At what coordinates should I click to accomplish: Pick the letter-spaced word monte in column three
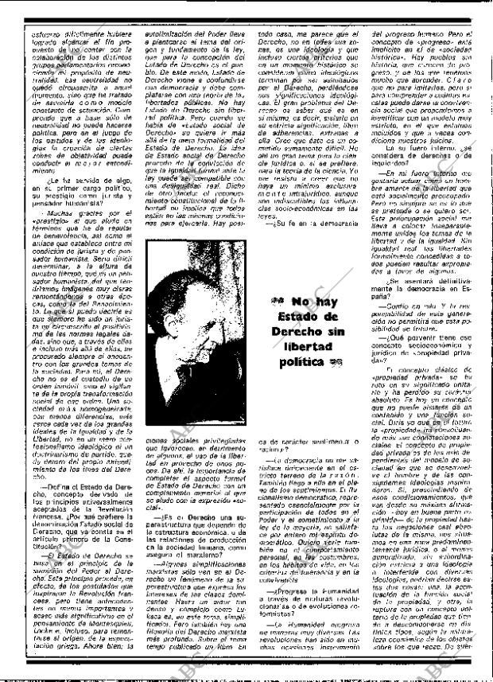[x=274, y=204]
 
